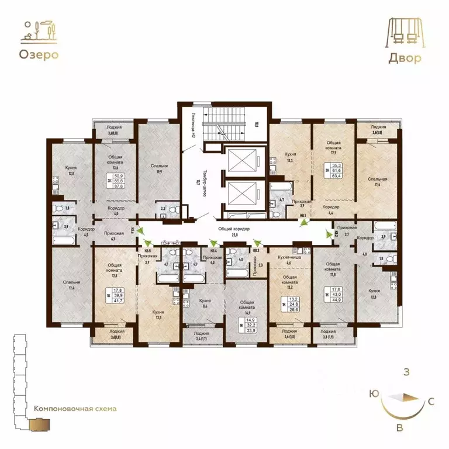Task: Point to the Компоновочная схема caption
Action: pyautogui.click(x=75, y=409)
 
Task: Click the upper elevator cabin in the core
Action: pyautogui.click(x=240, y=159)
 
